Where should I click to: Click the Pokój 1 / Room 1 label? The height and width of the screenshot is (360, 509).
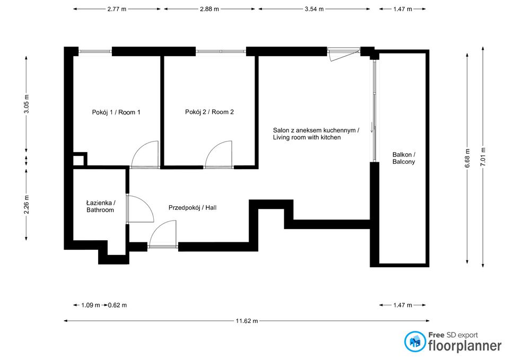click(x=116, y=112)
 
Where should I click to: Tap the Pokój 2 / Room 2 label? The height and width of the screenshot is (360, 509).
click(x=209, y=112)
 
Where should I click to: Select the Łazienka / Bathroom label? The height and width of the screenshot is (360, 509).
click(x=100, y=206)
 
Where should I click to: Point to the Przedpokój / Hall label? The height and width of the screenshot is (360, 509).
click(x=192, y=208)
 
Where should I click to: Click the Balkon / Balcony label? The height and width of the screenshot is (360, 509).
click(x=403, y=158)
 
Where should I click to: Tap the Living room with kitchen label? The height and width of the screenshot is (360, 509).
click(x=316, y=134)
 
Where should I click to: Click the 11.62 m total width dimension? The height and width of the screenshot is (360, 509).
click(x=247, y=321)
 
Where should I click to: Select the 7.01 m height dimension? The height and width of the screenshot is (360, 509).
click(x=482, y=156)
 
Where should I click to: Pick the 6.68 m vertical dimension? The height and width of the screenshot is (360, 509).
click(x=467, y=157)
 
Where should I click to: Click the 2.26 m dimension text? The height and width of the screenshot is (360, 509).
click(x=27, y=204)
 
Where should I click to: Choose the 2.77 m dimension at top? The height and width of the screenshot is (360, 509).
click(x=118, y=9)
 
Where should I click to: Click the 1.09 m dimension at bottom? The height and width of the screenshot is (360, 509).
click(x=90, y=305)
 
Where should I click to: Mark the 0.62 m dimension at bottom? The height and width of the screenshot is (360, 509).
click(x=117, y=305)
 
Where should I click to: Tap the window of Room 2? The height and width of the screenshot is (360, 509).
click(x=221, y=51)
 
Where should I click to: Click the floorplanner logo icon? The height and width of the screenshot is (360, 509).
click(x=415, y=342)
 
